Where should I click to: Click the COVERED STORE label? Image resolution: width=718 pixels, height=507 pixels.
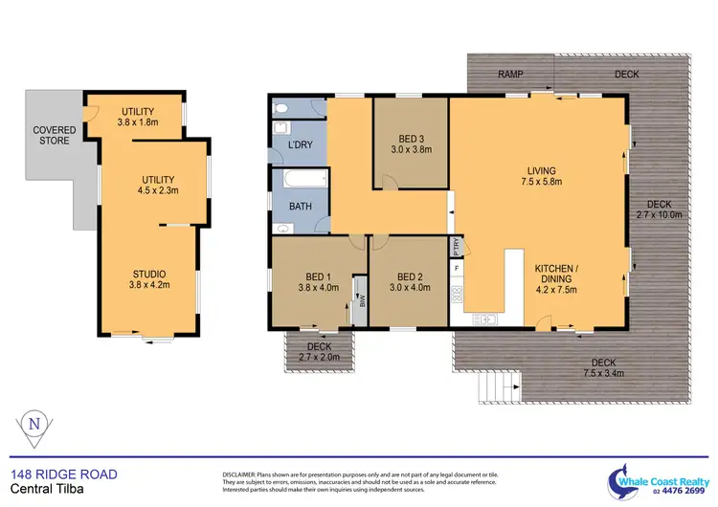(55, 136)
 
